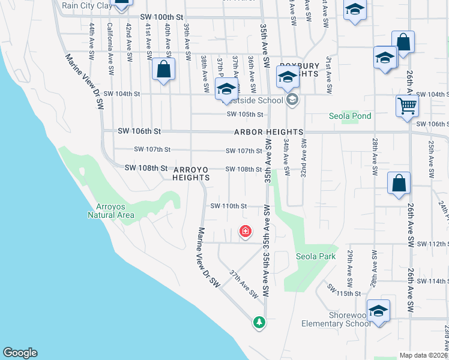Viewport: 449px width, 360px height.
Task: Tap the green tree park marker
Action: [x=259, y=322]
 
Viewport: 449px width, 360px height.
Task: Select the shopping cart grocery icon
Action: [x=407, y=106]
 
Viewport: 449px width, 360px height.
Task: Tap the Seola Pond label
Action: [x=350, y=116]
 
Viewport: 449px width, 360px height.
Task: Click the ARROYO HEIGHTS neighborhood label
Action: [x=191, y=173]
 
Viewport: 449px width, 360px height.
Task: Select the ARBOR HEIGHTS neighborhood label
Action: [x=268, y=132]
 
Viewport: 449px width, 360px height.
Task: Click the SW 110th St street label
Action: [x=228, y=206]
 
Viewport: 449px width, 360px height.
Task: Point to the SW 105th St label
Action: [x=245, y=114]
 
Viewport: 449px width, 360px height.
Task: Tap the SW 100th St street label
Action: [x=160, y=19]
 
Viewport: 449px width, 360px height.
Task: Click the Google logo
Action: [x=20, y=353]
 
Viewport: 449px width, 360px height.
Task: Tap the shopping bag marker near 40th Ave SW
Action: [x=163, y=69]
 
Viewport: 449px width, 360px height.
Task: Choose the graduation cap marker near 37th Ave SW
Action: [x=226, y=89]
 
